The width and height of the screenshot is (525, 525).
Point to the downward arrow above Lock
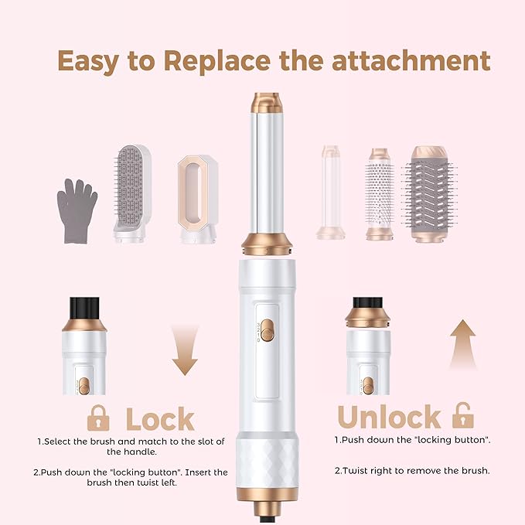pyautogui.click(x=184, y=348)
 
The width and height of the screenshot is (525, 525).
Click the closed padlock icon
pyautogui.click(x=98, y=418)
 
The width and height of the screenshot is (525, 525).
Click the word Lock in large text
pyautogui.click(x=160, y=419)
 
